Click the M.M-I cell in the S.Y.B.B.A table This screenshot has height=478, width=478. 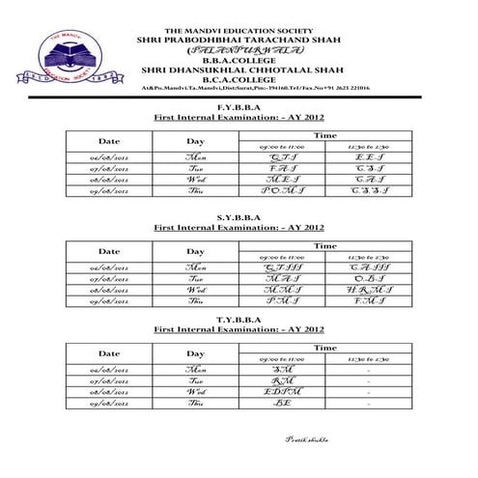point(283,289)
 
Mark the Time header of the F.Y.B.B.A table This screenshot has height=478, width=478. point(325,135)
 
